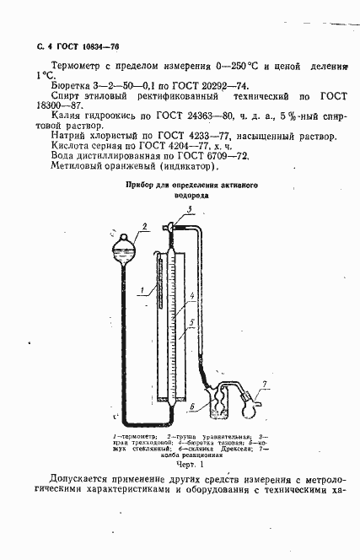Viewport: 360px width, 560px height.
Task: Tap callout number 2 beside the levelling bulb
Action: (145, 226)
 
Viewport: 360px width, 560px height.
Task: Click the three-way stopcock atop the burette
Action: (171, 226)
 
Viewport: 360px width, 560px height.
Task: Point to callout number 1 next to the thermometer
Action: (142, 291)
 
